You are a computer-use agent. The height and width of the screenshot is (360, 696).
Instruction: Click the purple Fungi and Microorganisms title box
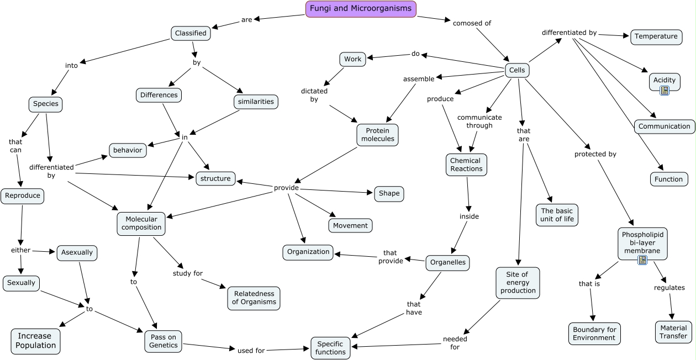coord(361,9)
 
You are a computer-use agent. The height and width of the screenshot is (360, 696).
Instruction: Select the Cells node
coord(517,70)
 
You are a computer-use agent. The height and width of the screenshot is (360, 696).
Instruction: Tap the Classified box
coord(191,33)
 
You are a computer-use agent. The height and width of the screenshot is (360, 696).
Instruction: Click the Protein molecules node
coord(378,135)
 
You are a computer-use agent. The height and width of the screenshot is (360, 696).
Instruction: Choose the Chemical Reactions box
coord(466,165)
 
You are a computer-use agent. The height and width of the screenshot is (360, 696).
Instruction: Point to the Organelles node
coord(447,263)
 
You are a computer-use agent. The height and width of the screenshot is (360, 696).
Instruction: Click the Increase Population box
coord(36,341)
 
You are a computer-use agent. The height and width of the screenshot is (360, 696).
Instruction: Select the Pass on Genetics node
coord(164,341)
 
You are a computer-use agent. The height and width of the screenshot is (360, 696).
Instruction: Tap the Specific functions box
coord(330,347)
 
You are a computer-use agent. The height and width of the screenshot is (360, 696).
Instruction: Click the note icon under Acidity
coord(665,90)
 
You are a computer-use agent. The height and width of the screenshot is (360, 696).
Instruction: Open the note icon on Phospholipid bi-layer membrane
coord(642,260)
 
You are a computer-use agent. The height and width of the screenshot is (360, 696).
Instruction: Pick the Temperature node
coord(656,36)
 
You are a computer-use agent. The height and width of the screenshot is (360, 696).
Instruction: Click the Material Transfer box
coord(673,332)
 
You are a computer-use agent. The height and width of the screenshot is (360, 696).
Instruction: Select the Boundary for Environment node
coord(594,333)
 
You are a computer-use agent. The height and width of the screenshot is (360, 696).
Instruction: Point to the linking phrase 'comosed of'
coord(472,23)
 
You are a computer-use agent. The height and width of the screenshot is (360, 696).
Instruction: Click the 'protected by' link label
coord(595,154)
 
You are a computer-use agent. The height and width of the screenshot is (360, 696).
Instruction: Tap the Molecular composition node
coord(141,223)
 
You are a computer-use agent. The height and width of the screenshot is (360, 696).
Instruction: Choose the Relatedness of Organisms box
coord(254,298)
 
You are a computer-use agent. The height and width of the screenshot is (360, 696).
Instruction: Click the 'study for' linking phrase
coord(187,273)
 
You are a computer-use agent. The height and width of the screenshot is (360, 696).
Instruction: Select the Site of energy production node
coord(518,283)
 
